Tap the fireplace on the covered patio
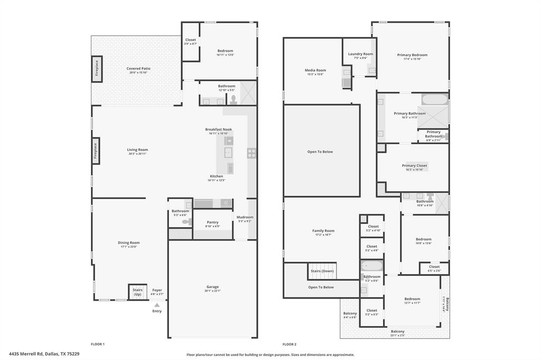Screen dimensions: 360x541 tap(97, 69)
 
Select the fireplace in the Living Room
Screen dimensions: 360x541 tap(96, 150)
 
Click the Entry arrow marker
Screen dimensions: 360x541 tap(156, 305)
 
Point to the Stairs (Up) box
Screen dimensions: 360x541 tap(137, 292)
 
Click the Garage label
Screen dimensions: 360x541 tap(212, 287)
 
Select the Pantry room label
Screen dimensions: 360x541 tap(212, 222)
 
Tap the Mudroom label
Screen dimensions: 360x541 tap(245, 217)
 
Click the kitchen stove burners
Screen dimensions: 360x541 tap(251, 153)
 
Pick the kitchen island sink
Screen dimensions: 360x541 tap(228, 153)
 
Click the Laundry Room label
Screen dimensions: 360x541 tap(360, 54)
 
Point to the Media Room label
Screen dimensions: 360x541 tap(315, 70)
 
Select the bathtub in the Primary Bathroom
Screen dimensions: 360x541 tap(434, 99)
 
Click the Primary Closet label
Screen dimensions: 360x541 tap(414, 165)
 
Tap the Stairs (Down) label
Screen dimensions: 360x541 tap(322, 271)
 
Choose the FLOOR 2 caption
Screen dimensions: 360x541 tap(289, 344)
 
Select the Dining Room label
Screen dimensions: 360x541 tap(128, 243)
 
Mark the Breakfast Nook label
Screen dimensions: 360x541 tap(218, 129)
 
